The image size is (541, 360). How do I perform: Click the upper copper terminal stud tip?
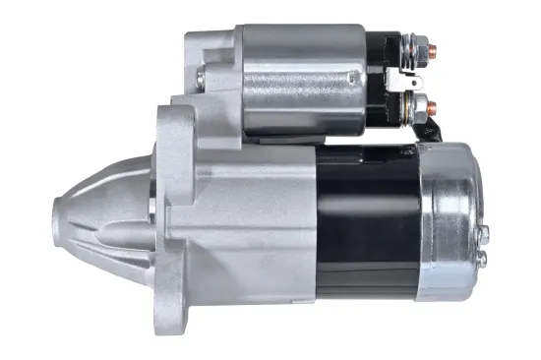coord(435,44)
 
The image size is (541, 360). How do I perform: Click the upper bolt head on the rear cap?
coord(484,233)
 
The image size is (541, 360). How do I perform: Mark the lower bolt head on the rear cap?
coord(483,259)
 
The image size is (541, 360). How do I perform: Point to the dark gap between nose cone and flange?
coord(153,211)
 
